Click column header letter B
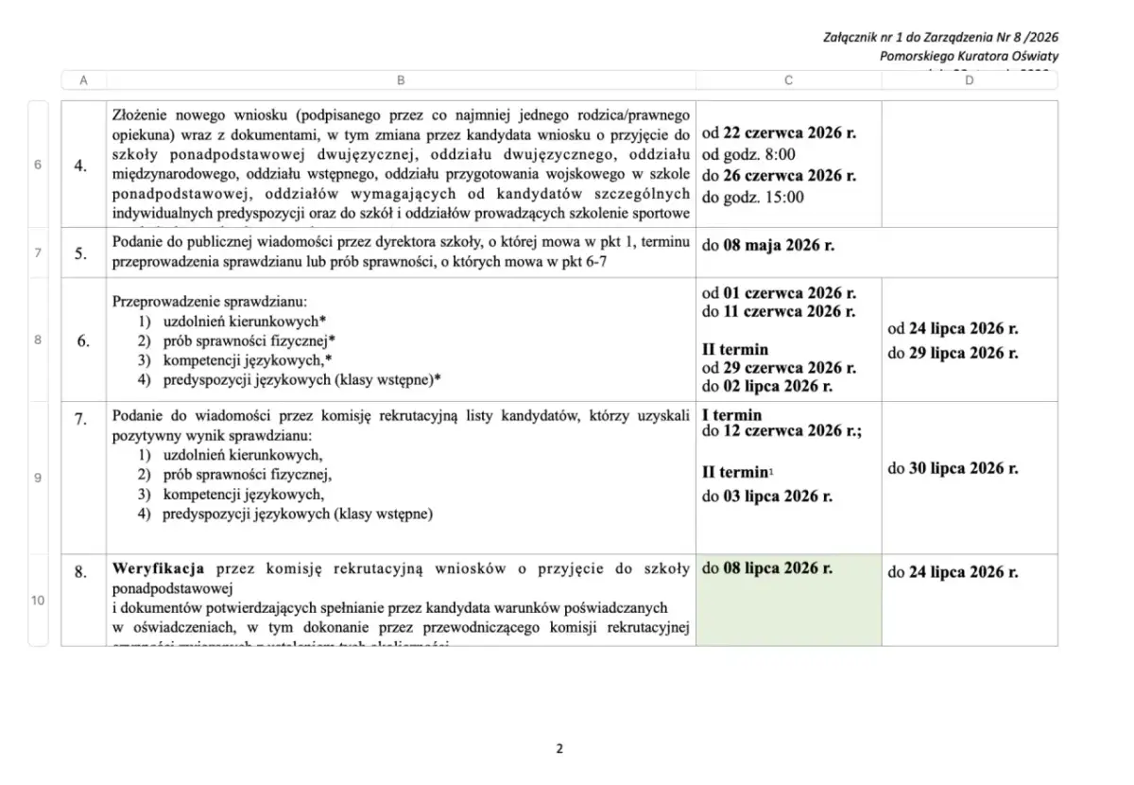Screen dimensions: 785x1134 [400, 80]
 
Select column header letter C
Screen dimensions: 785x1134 [788, 80]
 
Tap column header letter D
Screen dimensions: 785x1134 [970, 80]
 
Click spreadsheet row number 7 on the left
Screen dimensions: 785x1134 [38, 253]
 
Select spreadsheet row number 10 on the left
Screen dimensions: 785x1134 [38, 600]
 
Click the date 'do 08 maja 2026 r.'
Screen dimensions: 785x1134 [768, 245]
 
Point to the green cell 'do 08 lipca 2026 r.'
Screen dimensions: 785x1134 [767, 569]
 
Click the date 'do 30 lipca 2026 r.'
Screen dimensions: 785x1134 [954, 468]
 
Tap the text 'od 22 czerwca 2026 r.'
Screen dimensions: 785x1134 [779, 133]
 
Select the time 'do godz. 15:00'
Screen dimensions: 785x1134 [752, 197]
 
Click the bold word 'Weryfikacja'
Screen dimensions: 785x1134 [159, 569]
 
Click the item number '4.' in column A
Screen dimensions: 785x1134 [81, 166]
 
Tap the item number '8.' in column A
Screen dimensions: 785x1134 [81, 571]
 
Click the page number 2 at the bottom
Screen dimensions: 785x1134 [559, 749]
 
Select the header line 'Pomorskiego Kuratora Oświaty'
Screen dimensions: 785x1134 [969, 56]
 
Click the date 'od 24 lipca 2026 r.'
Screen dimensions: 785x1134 [954, 330]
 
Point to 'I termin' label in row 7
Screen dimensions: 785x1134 [731, 414]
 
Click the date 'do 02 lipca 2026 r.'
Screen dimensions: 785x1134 [767, 386]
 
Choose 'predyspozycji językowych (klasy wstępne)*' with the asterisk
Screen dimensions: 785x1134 [301, 379]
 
